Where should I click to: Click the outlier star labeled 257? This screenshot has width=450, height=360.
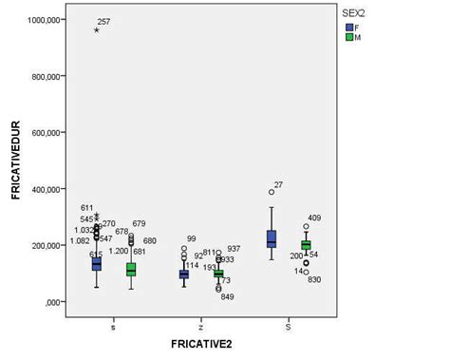click(x=97, y=29)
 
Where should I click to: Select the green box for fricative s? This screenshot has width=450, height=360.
click(x=131, y=270)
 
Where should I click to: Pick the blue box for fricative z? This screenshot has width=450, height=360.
click(x=184, y=275)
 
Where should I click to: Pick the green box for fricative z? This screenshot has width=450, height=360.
click(x=218, y=274)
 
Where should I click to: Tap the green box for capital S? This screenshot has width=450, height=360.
click(x=306, y=245)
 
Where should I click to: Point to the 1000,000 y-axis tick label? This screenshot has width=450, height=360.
click(x=46, y=20)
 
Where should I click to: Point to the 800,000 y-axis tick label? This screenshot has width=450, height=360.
click(x=47, y=76)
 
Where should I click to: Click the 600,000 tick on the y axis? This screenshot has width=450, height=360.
click(x=47, y=133)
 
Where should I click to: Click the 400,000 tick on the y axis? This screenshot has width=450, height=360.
click(x=47, y=189)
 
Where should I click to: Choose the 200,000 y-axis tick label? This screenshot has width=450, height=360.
click(x=47, y=245)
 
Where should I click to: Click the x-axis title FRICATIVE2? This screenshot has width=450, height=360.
click(x=202, y=343)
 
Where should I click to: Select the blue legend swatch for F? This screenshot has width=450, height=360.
click(x=348, y=27)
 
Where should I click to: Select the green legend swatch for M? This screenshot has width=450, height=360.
click(x=348, y=38)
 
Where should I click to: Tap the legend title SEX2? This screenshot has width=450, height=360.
click(x=356, y=13)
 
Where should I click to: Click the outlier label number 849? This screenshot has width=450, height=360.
click(x=228, y=296)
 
